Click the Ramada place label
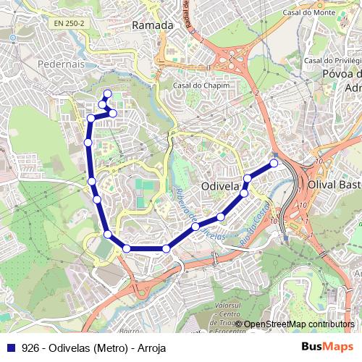tap(153, 25)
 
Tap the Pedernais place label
tap(56, 64)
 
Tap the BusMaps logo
tap(327, 347)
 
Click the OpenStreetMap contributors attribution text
tap(298, 324)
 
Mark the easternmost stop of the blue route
tap(274, 163)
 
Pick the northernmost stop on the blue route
tap(107, 93)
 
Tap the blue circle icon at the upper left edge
tap(12, 40)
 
